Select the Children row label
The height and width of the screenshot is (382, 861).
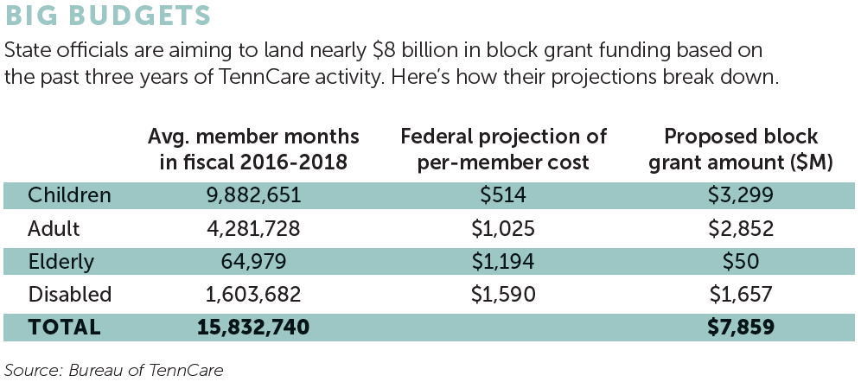pyautogui.click(x=70, y=195)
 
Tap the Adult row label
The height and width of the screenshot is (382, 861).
pyautogui.click(x=54, y=228)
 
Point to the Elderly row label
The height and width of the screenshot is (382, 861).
pyautogui.click(x=62, y=261)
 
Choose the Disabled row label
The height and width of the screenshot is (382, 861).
pyautogui.click(x=69, y=294)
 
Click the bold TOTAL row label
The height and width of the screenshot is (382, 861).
pyautogui.click(x=64, y=328)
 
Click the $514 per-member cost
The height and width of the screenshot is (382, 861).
pyautogui.click(x=504, y=195)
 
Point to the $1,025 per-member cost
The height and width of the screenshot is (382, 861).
pyautogui.click(x=504, y=228)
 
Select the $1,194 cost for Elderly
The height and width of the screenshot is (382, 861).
pyautogui.click(x=504, y=261)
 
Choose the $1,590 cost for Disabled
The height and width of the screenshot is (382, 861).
pyautogui.click(x=504, y=294)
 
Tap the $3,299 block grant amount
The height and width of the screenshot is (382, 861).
pyautogui.click(x=741, y=195)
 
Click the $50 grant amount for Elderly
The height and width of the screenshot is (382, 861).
pyautogui.click(x=741, y=261)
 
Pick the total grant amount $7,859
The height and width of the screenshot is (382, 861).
pyautogui.click(x=741, y=328)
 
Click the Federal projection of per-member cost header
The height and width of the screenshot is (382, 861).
pyautogui.click(x=504, y=149)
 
